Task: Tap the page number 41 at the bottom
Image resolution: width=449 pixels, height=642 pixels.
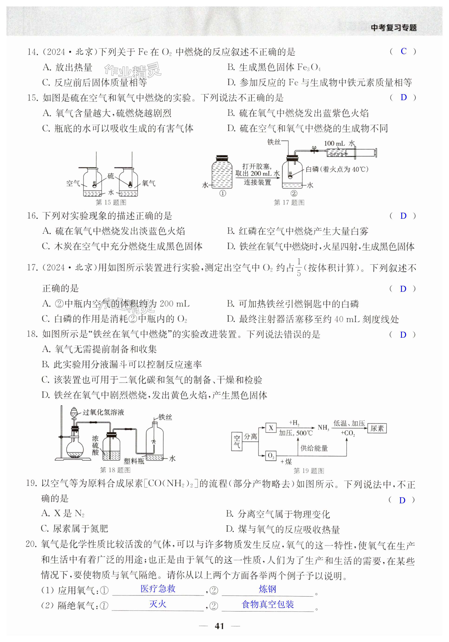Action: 219,626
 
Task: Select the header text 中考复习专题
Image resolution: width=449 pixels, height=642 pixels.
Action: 394,28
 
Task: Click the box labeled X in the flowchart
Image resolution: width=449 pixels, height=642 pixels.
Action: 271,428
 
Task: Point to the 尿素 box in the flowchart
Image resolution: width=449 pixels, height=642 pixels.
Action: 377,428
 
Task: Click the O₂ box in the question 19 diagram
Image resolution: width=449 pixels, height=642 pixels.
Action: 271,456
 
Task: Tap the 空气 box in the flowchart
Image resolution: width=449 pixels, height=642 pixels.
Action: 237,442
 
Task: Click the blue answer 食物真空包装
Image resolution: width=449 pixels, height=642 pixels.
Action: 268,604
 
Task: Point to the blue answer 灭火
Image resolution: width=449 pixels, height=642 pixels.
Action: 158,604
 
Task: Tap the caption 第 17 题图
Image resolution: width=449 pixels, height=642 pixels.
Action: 289,202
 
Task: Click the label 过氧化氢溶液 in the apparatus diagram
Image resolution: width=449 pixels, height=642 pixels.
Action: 103,412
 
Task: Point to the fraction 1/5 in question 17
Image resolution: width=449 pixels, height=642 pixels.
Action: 299,267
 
